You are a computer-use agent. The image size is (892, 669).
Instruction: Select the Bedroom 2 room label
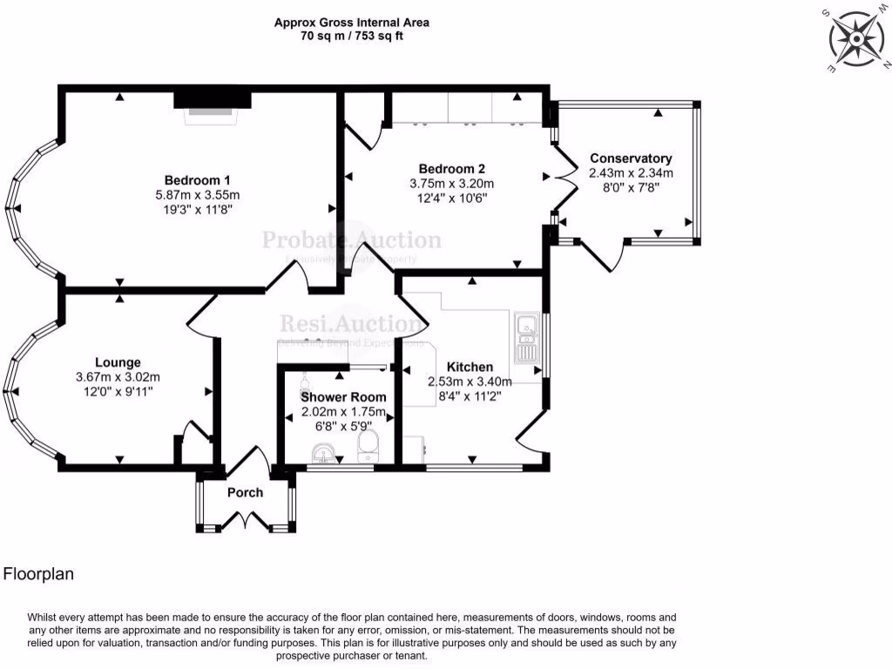451,169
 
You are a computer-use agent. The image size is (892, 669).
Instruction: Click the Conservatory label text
631,159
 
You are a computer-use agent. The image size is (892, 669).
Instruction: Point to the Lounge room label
118,362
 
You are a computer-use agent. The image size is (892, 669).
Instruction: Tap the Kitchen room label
470,368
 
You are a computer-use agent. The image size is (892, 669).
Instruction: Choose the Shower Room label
343,397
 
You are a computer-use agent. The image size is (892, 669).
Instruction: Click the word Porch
245,493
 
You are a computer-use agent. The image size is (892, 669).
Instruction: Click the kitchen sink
528,337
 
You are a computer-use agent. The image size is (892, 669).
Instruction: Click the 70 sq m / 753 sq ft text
352,37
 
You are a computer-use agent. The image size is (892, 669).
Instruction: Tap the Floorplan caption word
38,574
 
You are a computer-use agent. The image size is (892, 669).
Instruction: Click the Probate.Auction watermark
352,240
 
